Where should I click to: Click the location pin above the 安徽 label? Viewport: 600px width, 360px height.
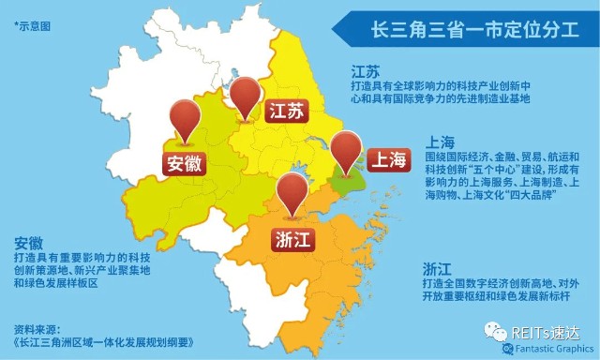coord(185,119)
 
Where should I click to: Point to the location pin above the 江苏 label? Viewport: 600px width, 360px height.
coord(247,95)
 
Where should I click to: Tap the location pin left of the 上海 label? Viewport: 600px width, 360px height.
coord(346,150)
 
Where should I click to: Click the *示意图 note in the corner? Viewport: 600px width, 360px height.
coord(32,26)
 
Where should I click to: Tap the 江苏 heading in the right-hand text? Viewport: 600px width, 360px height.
coord(364,72)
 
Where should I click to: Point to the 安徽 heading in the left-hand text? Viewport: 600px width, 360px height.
coord(29,242)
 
